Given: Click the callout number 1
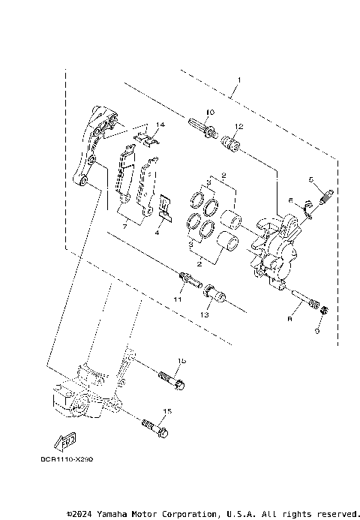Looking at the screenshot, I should [x=238, y=79].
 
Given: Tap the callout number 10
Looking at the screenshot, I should [x=209, y=113].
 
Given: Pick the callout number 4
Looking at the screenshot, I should [x=158, y=233].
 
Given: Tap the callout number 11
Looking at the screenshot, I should [x=178, y=299].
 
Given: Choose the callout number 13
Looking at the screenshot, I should [x=204, y=315].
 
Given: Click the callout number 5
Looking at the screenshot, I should [x=310, y=180].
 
